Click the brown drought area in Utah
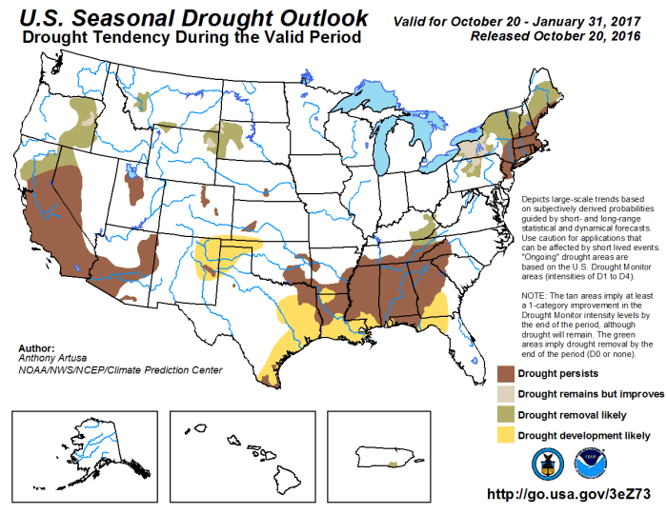135,188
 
